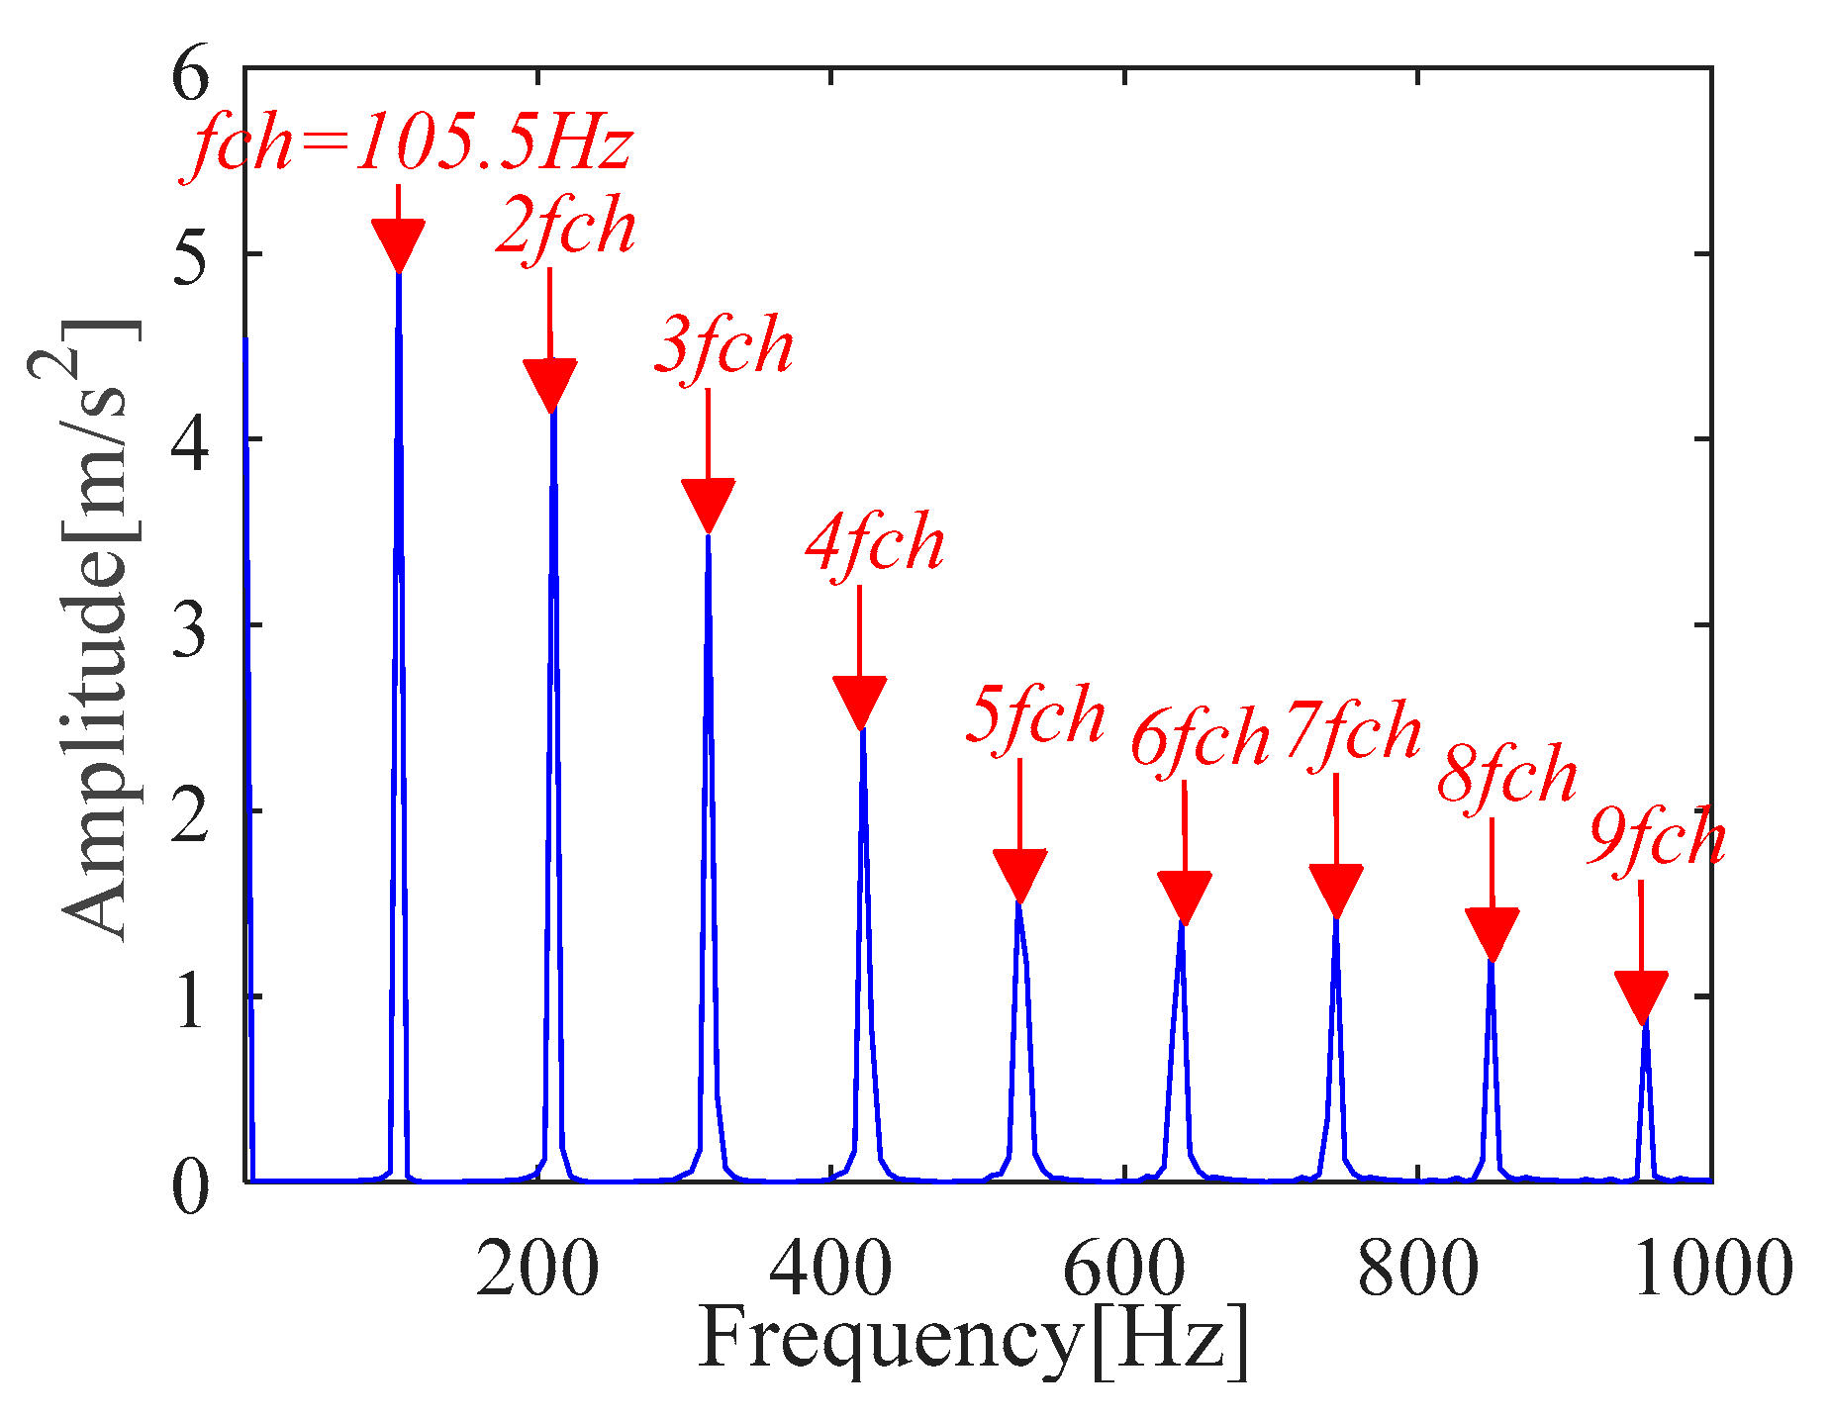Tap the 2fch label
point(565,228)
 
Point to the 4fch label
point(875,544)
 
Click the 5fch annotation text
point(1034,715)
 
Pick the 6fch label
point(1200,739)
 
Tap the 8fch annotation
point(1506,775)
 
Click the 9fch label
point(1657,840)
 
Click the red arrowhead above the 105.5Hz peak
point(398,242)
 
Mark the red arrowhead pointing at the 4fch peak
point(859,701)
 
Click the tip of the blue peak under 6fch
point(1182,925)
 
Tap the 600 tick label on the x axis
point(1123,1269)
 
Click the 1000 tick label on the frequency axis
point(1711,1269)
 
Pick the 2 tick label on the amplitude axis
point(190,811)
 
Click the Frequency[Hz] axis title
point(974,1341)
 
